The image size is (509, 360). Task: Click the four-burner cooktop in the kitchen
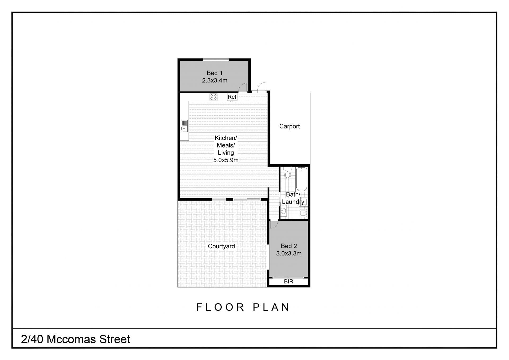[x=213, y=97]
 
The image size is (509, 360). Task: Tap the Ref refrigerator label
[x=232, y=97]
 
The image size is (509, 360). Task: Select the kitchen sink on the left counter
[x=184, y=126]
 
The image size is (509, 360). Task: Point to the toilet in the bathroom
[x=287, y=173]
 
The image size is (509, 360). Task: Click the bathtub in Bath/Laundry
[x=301, y=179]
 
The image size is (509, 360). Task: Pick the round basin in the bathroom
[x=283, y=211]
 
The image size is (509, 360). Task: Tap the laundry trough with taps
[x=303, y=213]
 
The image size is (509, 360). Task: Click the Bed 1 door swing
[x=243, y=88]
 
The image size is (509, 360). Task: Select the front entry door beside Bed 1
[x=261, y=87]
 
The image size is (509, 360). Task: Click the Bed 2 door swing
[x=274, y=224]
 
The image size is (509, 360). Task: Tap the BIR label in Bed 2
[x=288, y=281]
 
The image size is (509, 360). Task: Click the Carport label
[x=289, y=126]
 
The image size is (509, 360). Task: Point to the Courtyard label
[x=221, y=246]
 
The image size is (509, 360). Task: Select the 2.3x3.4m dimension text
[x=215, y=80]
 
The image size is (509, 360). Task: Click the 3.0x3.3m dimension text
[x=289, y=253]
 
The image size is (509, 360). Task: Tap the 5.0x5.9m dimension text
[x=226, y=160]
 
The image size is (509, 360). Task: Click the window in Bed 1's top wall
[x=216, y=60]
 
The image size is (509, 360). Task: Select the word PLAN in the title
[x=271, y=307]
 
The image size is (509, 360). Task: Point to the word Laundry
[x=293, y=202]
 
